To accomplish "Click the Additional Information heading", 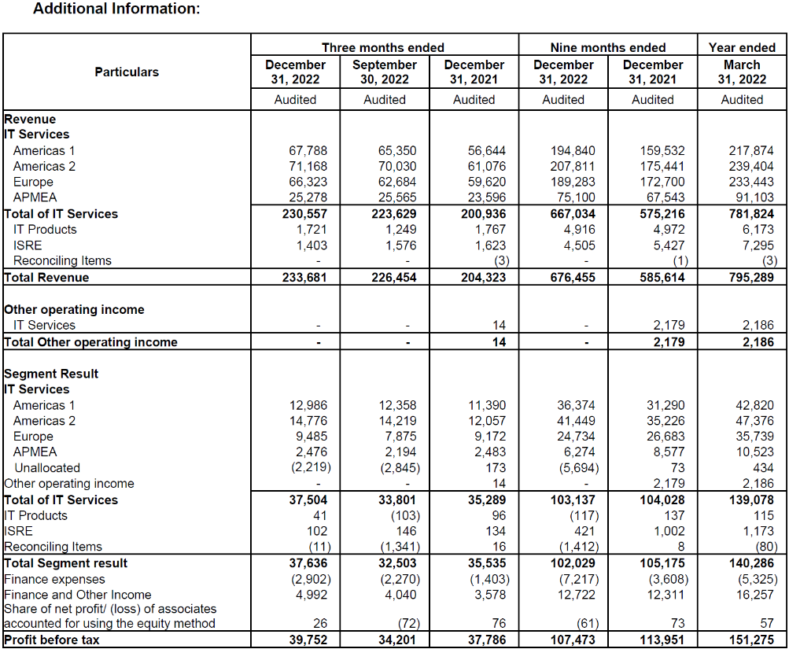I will pyautogui.click(x=116, y=9).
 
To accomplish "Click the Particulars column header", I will pyautogui.click(x=127, y=72).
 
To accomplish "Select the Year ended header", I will pyautogui.click(x=742, y=47).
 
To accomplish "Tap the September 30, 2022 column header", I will pyautogui.click(x=384, y=72).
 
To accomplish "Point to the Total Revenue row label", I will pyautogui.click(x=46, y=277).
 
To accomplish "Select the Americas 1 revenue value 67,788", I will pyautogui.click(x=308, y=150).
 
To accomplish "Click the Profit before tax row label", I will pyautogui.click(x=52, y=640).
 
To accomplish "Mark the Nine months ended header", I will pyautogui.click(x=607, y=47).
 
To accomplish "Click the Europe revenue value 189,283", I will pyautogui.click(x=573, y=182).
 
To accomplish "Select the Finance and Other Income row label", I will pyautogui.click(x=77, y=595).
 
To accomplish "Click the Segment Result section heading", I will pyautogui.click(x=51, y=374).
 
